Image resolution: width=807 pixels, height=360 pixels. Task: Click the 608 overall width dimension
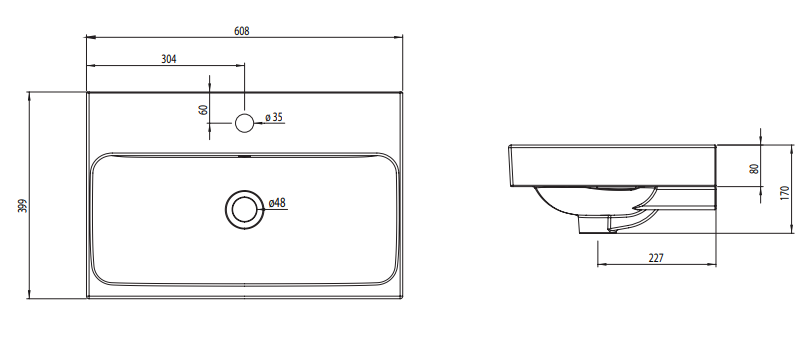(241, 31)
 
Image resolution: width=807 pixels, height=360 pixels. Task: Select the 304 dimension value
(169, 59)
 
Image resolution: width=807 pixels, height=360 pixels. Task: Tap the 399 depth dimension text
(22, 205)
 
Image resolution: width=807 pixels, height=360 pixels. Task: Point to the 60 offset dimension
(203, 109)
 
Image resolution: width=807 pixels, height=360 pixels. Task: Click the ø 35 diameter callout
(274, 117)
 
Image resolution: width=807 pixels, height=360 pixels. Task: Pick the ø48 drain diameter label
(277, 202)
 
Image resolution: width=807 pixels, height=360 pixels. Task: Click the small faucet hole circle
(244, 123)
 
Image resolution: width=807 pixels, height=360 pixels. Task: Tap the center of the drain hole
(244, 209)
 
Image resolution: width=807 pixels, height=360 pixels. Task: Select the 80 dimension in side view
(755, 169)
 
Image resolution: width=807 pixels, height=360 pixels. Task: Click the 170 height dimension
(784, 192)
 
